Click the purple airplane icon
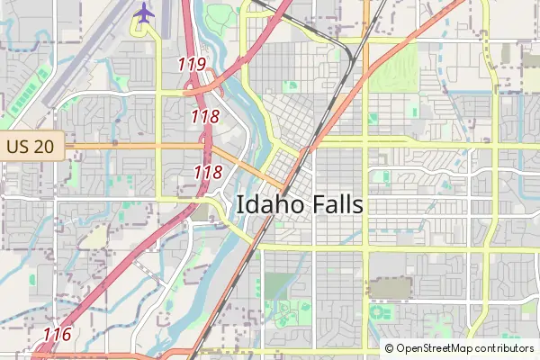(x=143, y=13)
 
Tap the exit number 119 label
(x=192, y=64)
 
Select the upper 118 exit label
(x=205, y=116)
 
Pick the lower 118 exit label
(x=208, y=172)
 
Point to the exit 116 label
(x=57, y=335)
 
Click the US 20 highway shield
(x=31, y=146)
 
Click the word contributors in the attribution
(x=504, y=348)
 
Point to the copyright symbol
(x=390, y=348)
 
